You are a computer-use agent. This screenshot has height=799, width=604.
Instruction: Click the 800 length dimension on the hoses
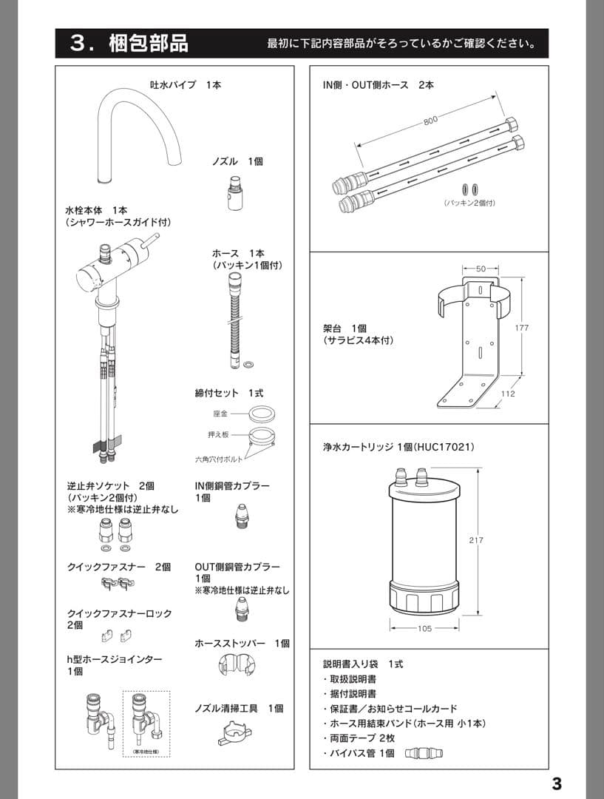point(430,121)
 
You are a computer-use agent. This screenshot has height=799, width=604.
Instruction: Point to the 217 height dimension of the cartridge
point(475,540)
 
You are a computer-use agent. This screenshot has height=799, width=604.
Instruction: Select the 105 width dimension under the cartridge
point(424,629)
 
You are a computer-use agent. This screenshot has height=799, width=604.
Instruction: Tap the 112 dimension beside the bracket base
point(507,394)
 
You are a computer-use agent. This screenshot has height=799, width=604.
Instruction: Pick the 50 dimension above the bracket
point(481,269)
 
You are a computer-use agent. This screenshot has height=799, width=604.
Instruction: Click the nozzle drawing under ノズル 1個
point(235,195)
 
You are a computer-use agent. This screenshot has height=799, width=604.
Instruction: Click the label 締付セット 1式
point(228,393)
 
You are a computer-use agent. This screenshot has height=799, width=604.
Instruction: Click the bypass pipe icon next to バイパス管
point(426,753)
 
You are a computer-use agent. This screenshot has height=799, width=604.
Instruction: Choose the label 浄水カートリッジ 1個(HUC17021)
point(398,448)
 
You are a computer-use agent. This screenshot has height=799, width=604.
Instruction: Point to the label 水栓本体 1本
point(96,210)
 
